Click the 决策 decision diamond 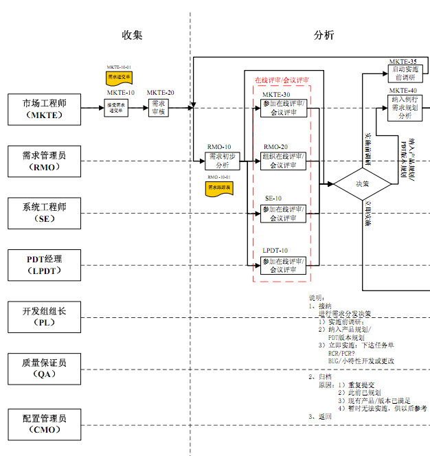pyautogui.click(x=362, y=183)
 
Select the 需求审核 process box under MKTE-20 pyautogui.click(x=160, y=108)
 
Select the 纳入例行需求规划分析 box pyautogui.click(x=403, y=108)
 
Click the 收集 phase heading pyautogui.click(x=132, y=36)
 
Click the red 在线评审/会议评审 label pyautogui.click(x=282, y=80)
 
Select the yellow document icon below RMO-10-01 pyautogui.click(x=220, y=187)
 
